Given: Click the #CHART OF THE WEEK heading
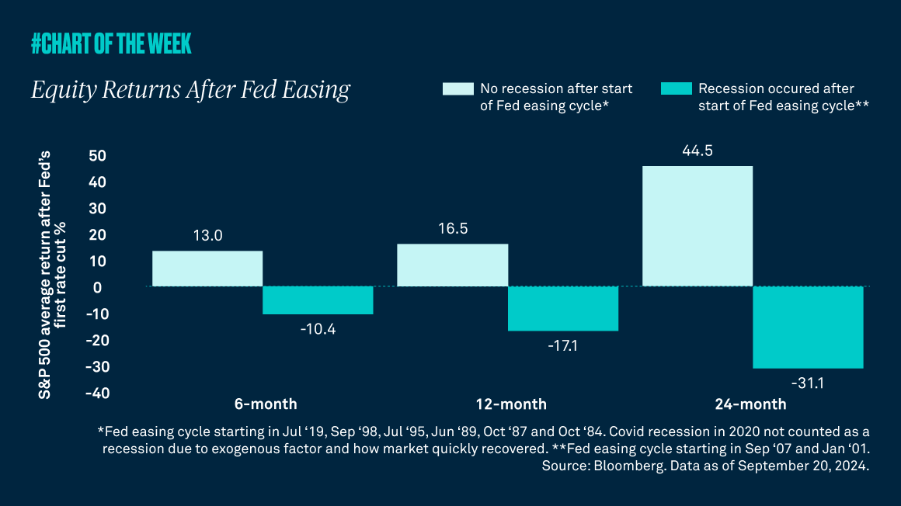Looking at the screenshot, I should [111, 45].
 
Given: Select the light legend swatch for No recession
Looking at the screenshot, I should [456, 88].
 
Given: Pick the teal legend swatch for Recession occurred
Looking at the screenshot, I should [674, 88].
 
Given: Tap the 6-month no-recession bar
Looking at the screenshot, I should [207, 269].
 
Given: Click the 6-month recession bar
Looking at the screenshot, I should [318, 300].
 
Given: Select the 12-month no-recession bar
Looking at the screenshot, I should [452, 265].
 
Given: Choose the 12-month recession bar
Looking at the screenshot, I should [563, 309].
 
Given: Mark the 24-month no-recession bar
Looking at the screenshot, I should [697, 227].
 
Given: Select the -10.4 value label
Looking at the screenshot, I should [318, 329].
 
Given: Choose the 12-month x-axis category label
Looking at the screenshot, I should [511, 404].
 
